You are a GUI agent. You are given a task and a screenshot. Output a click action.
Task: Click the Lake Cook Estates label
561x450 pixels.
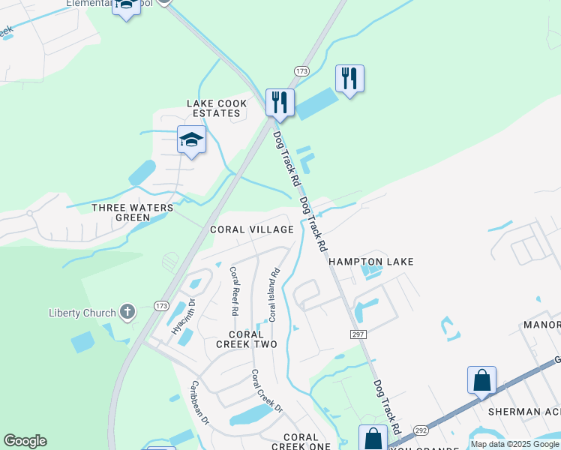coord(217,109)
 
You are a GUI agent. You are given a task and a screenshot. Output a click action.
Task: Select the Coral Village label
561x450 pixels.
coord(251,229)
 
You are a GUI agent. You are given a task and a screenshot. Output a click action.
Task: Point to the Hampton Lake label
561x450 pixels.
coord(370,262)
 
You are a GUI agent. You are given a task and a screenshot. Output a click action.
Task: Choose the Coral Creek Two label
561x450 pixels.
coord(247,339)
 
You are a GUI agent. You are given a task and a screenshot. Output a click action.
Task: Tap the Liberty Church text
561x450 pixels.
coord(82,313)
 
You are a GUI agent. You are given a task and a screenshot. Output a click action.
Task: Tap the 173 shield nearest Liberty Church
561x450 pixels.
coord(160,306)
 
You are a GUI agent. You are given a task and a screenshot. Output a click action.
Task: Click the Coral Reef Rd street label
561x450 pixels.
coord(234,290)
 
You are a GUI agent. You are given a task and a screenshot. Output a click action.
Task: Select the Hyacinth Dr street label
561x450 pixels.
coord(183,316)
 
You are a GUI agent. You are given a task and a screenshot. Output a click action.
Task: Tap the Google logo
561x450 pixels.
coord(25,441)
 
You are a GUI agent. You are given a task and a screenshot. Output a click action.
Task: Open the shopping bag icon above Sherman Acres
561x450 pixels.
coord(481,380)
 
